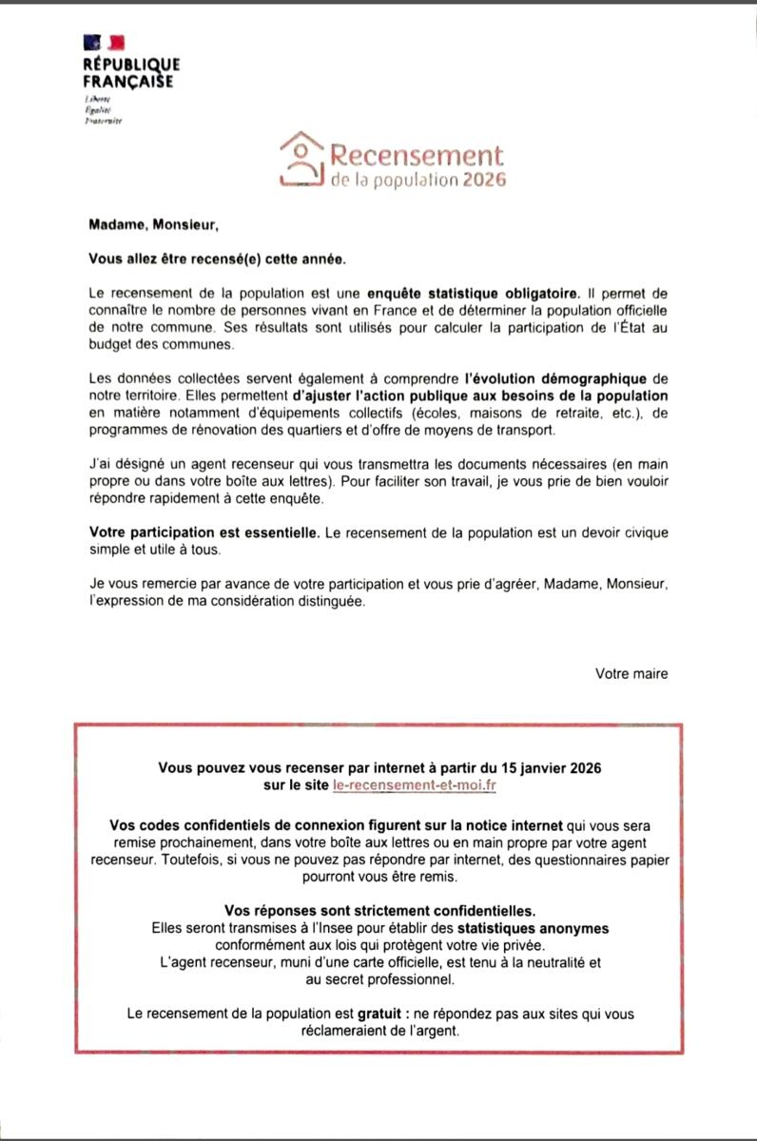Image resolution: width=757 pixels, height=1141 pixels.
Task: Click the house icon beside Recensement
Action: pos(301,159)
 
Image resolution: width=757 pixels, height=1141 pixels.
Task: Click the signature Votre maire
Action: pos(631,673)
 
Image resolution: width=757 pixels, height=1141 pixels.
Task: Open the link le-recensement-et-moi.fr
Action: pos(417,785)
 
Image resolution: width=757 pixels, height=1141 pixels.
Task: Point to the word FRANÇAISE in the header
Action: pos(128,81)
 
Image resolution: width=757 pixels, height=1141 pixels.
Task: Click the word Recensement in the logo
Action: pos(415,154)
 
